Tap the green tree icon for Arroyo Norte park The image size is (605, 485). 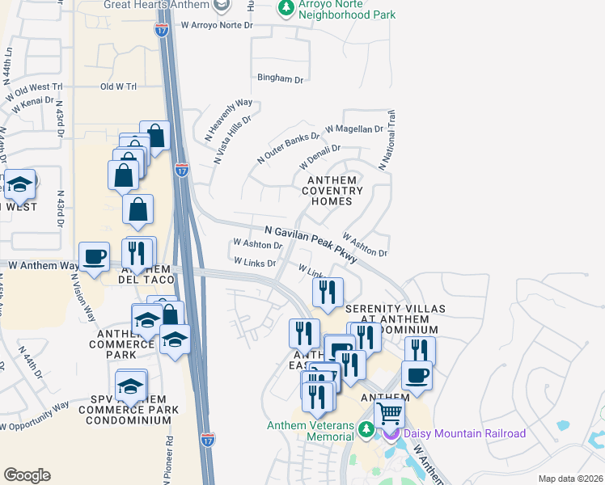pyautogui.click(x=285, y=8)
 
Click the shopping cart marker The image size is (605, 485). pyautogui.click(x=390, y=414)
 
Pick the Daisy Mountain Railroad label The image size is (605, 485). pyautogui.click(x=464, y=433)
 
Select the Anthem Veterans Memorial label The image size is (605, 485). pyautogui.click(x=313, y=431)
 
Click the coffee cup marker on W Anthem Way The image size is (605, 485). pyautogui.click(x=95, y=257)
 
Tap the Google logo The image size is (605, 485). pyautogui.click(x=27, y=474)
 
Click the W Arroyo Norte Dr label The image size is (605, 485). pyautogui.click(x=218, y=26)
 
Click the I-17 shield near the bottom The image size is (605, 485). pyautogui.click(x=208, y=440)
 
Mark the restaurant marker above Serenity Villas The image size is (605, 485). pyautogui.click(x=328, y=292)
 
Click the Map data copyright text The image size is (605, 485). pyautogui.click(x=570, y=479)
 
